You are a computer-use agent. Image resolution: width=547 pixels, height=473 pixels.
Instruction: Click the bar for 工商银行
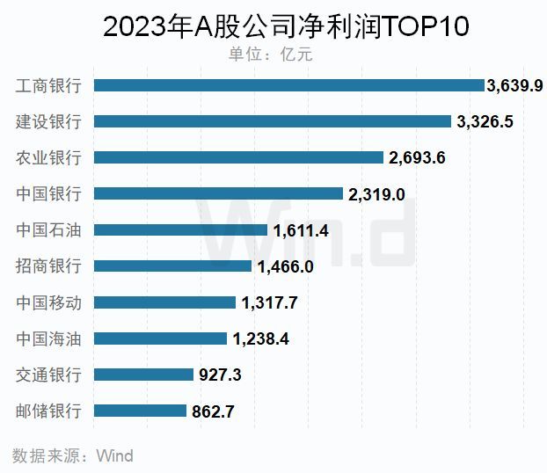pos(288,85)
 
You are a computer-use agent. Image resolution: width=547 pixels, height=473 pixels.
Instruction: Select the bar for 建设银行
pos(273,121)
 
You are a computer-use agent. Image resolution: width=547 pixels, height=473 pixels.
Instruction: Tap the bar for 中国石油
pos(180,229)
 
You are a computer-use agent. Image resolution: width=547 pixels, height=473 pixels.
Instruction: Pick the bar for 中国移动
pos(164,302)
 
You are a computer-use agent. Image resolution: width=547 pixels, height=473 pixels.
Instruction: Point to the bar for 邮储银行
pos(140,410)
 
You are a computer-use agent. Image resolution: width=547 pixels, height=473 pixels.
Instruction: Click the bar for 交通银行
pos(143,374)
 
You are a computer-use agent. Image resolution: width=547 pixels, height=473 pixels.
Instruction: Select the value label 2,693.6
pos(418,157)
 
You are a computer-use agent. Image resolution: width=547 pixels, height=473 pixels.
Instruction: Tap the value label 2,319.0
pos(376,194)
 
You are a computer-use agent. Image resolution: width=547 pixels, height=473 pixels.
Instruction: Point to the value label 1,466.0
pos(285,266)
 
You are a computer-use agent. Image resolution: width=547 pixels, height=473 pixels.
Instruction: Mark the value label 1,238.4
pos(261,338)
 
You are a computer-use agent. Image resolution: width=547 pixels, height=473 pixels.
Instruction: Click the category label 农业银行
pos(48,157)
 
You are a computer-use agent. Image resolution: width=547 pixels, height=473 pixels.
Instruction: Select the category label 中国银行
pos(48,193)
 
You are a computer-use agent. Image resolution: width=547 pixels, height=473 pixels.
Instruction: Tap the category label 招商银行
pos(48,266)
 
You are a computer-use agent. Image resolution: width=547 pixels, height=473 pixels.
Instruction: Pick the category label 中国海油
pos(48,338)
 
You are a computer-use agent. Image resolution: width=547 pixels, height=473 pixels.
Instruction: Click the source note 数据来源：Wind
pos(73,455)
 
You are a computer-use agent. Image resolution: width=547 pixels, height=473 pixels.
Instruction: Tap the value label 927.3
pos(220,375)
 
